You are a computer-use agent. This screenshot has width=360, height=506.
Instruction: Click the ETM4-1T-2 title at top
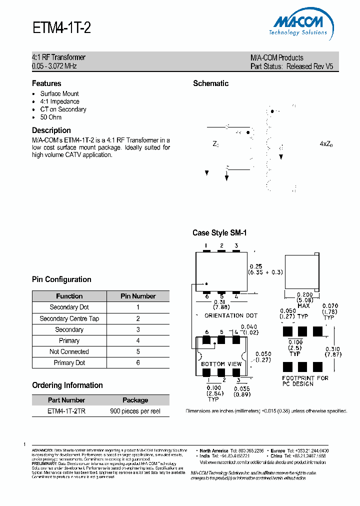point(61,28)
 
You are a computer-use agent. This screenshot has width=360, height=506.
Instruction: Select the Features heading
point(46,83)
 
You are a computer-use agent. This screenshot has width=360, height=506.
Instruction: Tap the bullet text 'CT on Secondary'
point(63,109)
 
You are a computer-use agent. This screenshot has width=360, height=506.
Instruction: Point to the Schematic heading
point(210,83)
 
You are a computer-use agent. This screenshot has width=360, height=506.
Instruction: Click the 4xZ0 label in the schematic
point(326,144)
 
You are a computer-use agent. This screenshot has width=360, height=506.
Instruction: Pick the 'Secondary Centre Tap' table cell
point(69,318)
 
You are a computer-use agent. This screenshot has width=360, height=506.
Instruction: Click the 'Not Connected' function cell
point(69,351)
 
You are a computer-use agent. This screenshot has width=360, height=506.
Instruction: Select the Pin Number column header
point(138,296)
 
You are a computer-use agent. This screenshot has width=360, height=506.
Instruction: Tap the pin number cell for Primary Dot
point(138,362)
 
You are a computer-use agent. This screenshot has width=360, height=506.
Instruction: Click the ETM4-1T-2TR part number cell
point(66,411)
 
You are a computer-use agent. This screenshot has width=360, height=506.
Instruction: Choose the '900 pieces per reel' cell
point(135,411)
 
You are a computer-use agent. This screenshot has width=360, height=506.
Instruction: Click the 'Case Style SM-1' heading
point(219,233)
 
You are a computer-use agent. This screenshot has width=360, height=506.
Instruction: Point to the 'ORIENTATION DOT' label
point(231,315)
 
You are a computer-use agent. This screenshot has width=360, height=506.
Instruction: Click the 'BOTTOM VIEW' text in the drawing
point(221,364)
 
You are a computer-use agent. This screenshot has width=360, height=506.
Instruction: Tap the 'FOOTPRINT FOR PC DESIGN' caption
point(305,381)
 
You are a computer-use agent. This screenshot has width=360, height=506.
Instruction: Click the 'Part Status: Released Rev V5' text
point(291,66)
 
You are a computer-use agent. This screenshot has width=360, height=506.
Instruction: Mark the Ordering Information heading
point(67,385)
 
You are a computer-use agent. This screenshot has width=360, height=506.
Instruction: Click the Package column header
point(135,400)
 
